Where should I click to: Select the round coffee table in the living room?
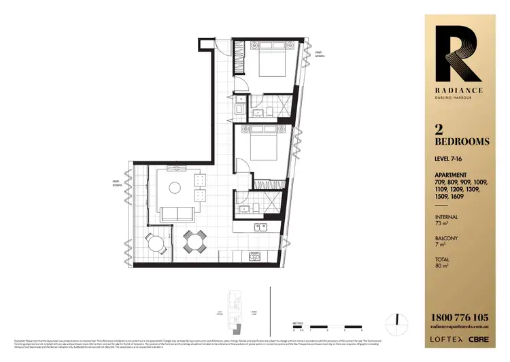[176, 187]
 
